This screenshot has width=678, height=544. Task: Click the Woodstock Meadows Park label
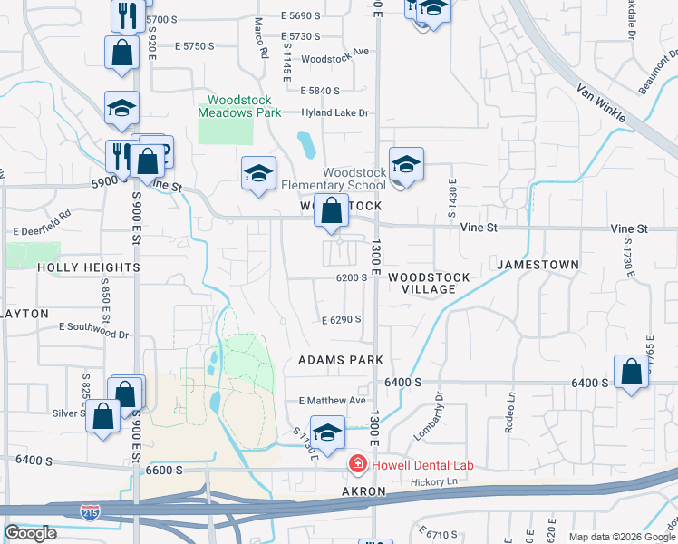239,106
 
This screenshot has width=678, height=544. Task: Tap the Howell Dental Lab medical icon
358,465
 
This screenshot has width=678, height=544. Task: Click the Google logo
30,533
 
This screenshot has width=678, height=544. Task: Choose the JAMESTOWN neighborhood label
538,264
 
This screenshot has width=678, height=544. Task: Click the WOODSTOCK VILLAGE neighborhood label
429,283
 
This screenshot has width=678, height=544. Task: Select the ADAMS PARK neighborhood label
341,360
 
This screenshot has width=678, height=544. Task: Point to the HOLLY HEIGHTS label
89,268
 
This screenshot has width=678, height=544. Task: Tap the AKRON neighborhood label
363,491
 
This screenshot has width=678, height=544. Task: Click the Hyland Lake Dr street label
335,113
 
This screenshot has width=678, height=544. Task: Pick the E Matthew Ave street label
332,400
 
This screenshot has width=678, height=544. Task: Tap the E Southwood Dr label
93,328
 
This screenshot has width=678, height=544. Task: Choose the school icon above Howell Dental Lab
326,433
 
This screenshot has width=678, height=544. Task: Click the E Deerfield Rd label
41,224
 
